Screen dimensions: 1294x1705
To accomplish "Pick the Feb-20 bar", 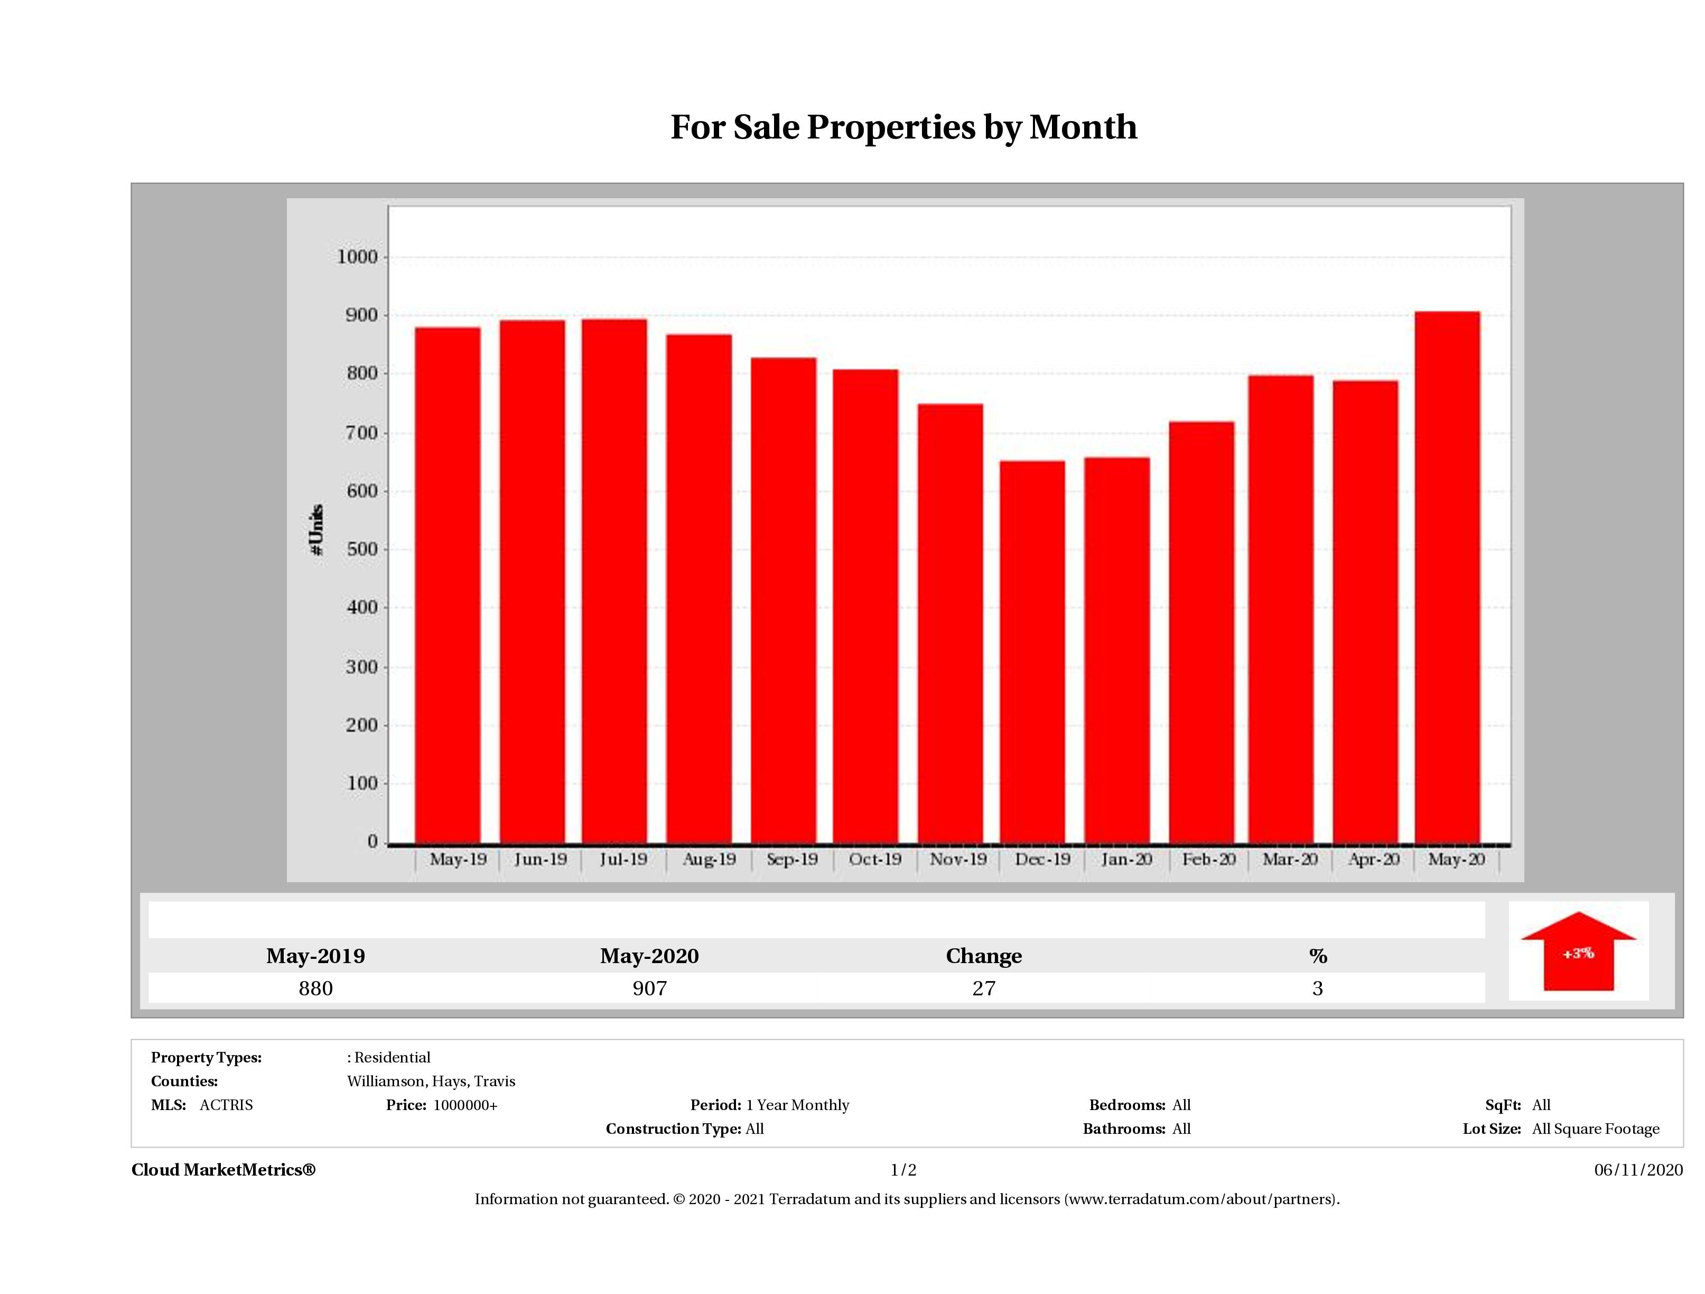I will tap(1201, 632).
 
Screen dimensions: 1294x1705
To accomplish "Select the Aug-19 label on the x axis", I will tap(709, 859).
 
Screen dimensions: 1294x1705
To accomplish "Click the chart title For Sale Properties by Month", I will tap(903, 127).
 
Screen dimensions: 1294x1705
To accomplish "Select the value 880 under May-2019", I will tap(315, 988).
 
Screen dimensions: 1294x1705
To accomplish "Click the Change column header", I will tap(984, 956).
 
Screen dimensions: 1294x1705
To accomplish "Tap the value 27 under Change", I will tap(984, 988).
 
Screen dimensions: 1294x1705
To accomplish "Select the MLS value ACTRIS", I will tap(226, 1105).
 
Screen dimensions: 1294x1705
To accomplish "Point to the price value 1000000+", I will tap(465, 1105).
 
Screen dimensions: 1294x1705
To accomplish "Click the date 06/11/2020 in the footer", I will tap(1638, 1170).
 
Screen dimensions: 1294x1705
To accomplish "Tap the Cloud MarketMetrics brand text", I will tap(223, 1170).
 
